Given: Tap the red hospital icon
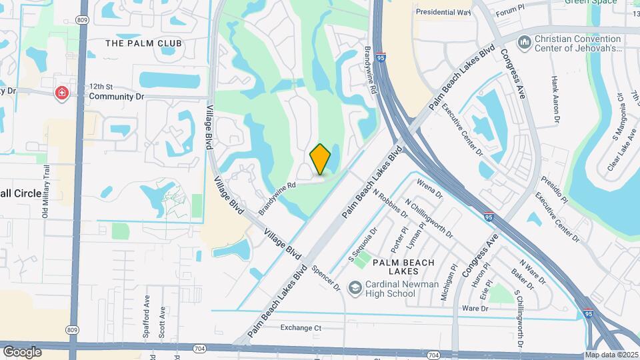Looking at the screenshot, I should [x=62, y=93].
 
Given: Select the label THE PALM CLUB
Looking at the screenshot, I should [x=143, y=43].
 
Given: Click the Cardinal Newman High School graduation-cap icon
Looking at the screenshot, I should [x=355, y=287].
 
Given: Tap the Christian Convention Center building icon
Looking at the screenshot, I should [x=525, y=43].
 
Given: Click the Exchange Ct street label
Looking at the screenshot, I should [x=301, y=327].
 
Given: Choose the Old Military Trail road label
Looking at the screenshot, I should [x=45, y=194].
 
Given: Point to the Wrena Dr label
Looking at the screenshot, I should [x=429, y=188].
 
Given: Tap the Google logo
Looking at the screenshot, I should [x=22, y=351].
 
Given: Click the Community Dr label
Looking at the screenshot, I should [x=117, y=97].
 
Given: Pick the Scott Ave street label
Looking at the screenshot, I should [x=161, y=321].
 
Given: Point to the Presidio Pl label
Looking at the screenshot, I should [x=554, y=189].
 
